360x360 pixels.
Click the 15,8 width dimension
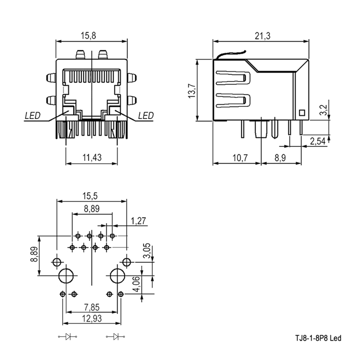[89, 36]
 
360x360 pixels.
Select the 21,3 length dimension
[263, 36]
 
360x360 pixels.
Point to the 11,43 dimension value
[92, 158]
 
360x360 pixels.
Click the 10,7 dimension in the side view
[240, 158]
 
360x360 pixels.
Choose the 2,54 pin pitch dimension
[318, 141]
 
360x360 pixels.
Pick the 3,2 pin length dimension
[323, 110]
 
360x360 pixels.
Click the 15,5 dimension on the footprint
[90, 196]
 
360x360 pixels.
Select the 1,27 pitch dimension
[139, 221]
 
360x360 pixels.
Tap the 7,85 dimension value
[92, 307]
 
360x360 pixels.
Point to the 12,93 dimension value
[92, 319]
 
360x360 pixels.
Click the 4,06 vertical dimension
[136, 284]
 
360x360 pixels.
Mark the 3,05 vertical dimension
[147, 251]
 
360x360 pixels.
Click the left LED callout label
[33, 116]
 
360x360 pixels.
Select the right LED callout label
[146, 116]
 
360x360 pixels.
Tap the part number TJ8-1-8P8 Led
[318, 338]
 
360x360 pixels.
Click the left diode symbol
[68, 337]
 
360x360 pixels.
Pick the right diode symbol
[116, 337]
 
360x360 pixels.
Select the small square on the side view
[302, 113]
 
